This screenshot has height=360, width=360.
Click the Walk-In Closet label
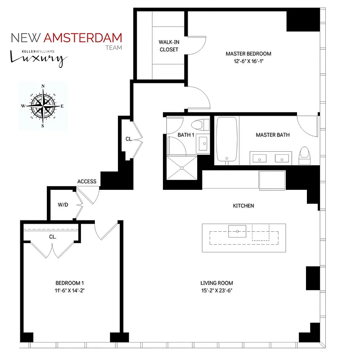[x=169, y=45]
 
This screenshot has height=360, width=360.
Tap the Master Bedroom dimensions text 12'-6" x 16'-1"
[x=249, y=61]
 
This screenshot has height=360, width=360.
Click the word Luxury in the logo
[x=39, y=58]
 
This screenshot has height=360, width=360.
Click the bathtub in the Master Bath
[x=226, y=140]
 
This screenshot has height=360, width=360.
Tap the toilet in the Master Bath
[x=305, y=153]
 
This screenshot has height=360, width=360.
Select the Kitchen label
[x=243, y=206]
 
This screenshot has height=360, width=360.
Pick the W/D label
[x=63, y=205]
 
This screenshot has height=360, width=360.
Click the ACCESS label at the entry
[x=87, y=181]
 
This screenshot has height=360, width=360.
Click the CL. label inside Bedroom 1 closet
[x=52, y=236]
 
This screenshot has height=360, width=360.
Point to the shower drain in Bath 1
[x=182, y=167]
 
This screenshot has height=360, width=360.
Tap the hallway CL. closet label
[x=129, y=139]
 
